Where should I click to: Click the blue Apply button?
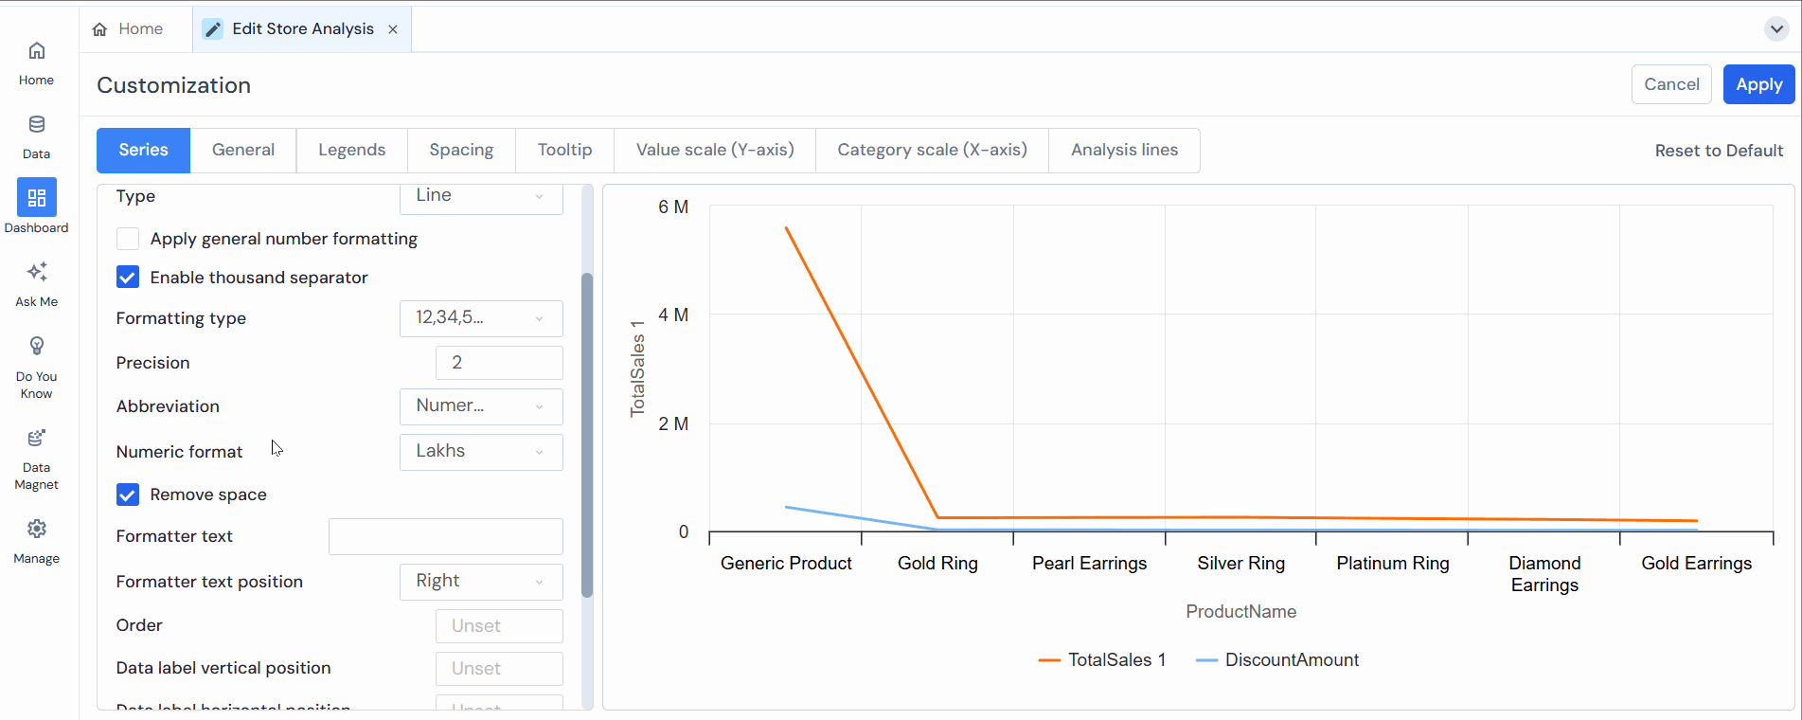tap(1758, 84)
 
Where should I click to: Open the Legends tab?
tap(351, 150)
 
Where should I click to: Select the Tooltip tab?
tap(564, 150)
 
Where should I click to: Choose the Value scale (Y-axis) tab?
tap(714, 150)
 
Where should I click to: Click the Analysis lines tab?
tap(1124, 150)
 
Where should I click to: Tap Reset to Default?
tap(1718, 151)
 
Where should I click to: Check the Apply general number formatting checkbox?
tap(128, 239)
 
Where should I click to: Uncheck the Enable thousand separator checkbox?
tap(128, 278)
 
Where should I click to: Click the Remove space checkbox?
tap(128, 495)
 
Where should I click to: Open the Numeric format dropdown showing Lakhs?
tap(481, 452)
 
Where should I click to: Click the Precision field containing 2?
tap(499, 363)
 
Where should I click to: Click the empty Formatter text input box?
tap(445, 536)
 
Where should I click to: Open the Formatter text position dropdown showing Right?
tap(481, 582)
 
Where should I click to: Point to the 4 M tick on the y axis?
tap(673, 315)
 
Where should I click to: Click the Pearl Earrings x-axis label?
tap(1089, 564)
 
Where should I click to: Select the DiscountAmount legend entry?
tap(1291, 660)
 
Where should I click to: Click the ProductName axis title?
tap(1240, 612)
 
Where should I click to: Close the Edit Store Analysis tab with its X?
tap(393, 29)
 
